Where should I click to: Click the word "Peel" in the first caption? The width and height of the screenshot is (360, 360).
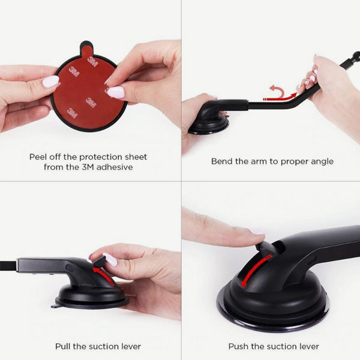click(38, 157)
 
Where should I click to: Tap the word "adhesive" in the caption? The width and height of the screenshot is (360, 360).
click(115, 167)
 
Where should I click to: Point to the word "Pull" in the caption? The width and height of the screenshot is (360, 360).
click(63, 346)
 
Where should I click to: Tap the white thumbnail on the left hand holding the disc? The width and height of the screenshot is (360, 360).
click(50, 82)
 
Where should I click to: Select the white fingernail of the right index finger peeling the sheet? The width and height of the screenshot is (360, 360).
click(116, 92)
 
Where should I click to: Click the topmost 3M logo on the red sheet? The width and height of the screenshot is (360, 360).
click(93, 62)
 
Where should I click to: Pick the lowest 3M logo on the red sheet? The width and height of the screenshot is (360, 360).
click(72, 113)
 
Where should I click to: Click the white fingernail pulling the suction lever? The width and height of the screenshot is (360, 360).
click(110, 259)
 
